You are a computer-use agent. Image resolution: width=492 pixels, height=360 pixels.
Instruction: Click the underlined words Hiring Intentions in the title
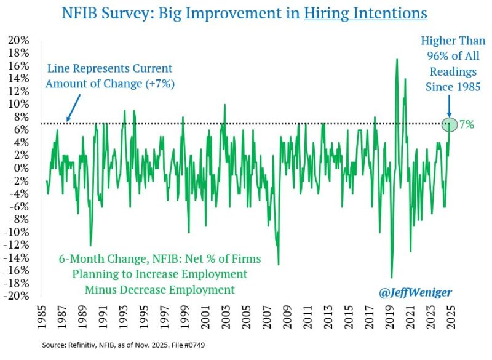pyautogui.click(x=366, y=12)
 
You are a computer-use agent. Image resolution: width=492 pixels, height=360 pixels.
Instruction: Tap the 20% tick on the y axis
pyautogui.click(x=18, y=40)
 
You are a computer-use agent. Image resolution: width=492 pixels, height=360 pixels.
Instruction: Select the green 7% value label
pyautogui.click(x=466, y=124)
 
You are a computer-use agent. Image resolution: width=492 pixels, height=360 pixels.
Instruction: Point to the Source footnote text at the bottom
pyautogui.click(x=123, y=347)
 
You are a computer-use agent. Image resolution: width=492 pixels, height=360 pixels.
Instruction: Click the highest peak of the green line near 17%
pyautogui.click(x=397, y=60)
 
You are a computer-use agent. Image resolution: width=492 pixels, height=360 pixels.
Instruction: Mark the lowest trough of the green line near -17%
pyautogui.click(x=391, y=277)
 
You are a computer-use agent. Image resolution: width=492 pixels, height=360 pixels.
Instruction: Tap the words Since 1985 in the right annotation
pyautogui.click(x=454, y=87)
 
